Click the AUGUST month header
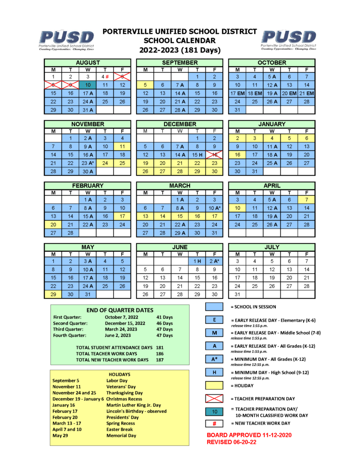coord(88,62)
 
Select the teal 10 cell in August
coord(88,85)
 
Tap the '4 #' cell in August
coord(105,77)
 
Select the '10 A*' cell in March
coord(214,208)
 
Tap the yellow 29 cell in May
coord(53,294)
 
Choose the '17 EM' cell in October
coord(237,93)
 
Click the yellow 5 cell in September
coord(145,85)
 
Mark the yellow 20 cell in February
coord(53,224)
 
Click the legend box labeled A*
coord(214,359)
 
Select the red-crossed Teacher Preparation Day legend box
coord(214,399)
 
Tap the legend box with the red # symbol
coord(214,423)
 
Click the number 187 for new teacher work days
coord(160,360)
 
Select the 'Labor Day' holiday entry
coord(117,381)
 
